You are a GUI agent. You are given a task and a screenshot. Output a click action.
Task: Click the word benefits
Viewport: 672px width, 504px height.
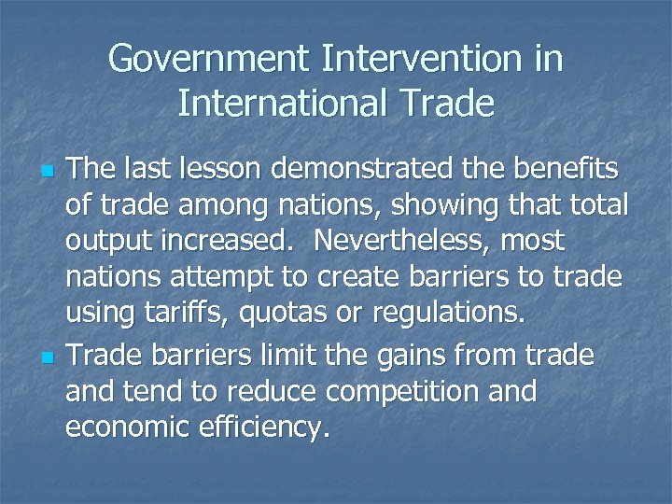552,174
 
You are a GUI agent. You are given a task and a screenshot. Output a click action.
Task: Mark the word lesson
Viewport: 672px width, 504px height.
234,174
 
